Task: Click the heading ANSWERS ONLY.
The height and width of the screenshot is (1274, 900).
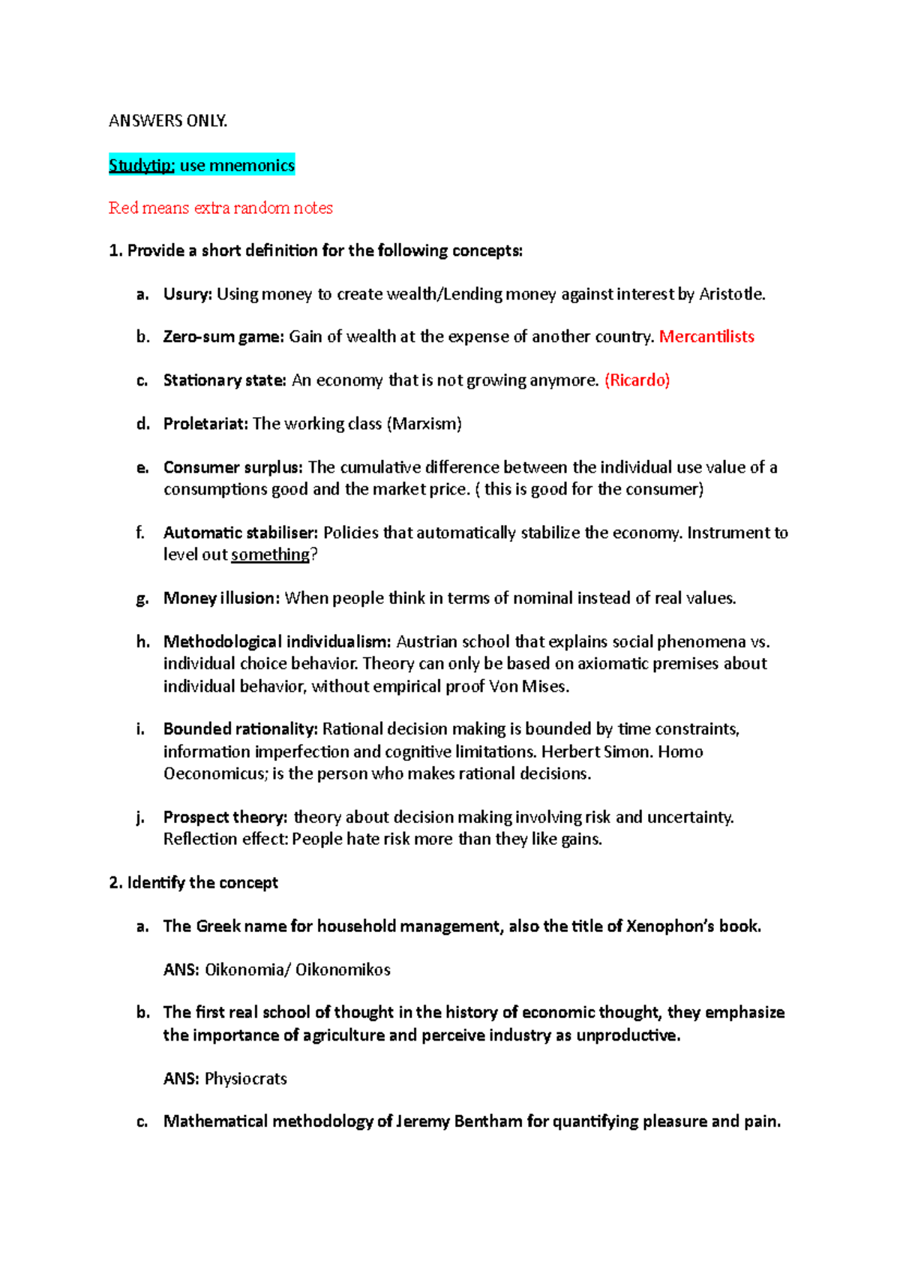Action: point(167,121)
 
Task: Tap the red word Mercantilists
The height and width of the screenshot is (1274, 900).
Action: point(706,336)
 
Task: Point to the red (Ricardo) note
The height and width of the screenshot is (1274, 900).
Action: point(637,380)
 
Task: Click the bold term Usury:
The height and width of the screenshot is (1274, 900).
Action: point(187,294)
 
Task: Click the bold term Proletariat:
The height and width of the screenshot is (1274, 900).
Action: point(205,424)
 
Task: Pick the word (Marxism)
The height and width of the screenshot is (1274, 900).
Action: point(424,424)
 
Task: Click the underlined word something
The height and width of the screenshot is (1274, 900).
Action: point(270,554)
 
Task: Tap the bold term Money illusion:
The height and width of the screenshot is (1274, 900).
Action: point(221,598)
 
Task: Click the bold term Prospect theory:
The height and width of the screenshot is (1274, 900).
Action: point(225,817)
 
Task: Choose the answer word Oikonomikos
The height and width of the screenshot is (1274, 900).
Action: point(343,969)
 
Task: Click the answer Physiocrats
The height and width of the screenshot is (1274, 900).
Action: point(245,1078)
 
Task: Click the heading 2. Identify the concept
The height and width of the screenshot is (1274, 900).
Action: point(193,882)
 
